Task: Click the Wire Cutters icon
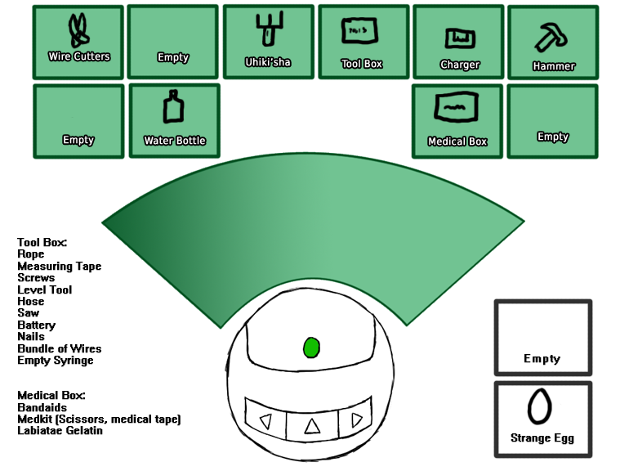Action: point(78,31)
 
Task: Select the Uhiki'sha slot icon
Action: point(267,32)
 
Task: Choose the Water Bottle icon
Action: point(173,109)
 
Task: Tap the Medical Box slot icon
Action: point(457,107)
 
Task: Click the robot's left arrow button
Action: point(265,423)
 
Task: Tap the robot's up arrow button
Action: point(310,424)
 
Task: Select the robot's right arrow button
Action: point(356,420)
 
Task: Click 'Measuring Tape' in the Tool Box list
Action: point(59,267)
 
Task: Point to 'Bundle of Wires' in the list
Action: point(59,349)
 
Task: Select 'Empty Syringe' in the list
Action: point(55,361)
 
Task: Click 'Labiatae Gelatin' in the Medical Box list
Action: point(60,431)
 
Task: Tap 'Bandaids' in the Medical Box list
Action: point(42,407)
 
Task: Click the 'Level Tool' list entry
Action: point(44,289)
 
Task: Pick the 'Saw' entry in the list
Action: point(28,313)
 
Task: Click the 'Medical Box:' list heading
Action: point(51,396)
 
